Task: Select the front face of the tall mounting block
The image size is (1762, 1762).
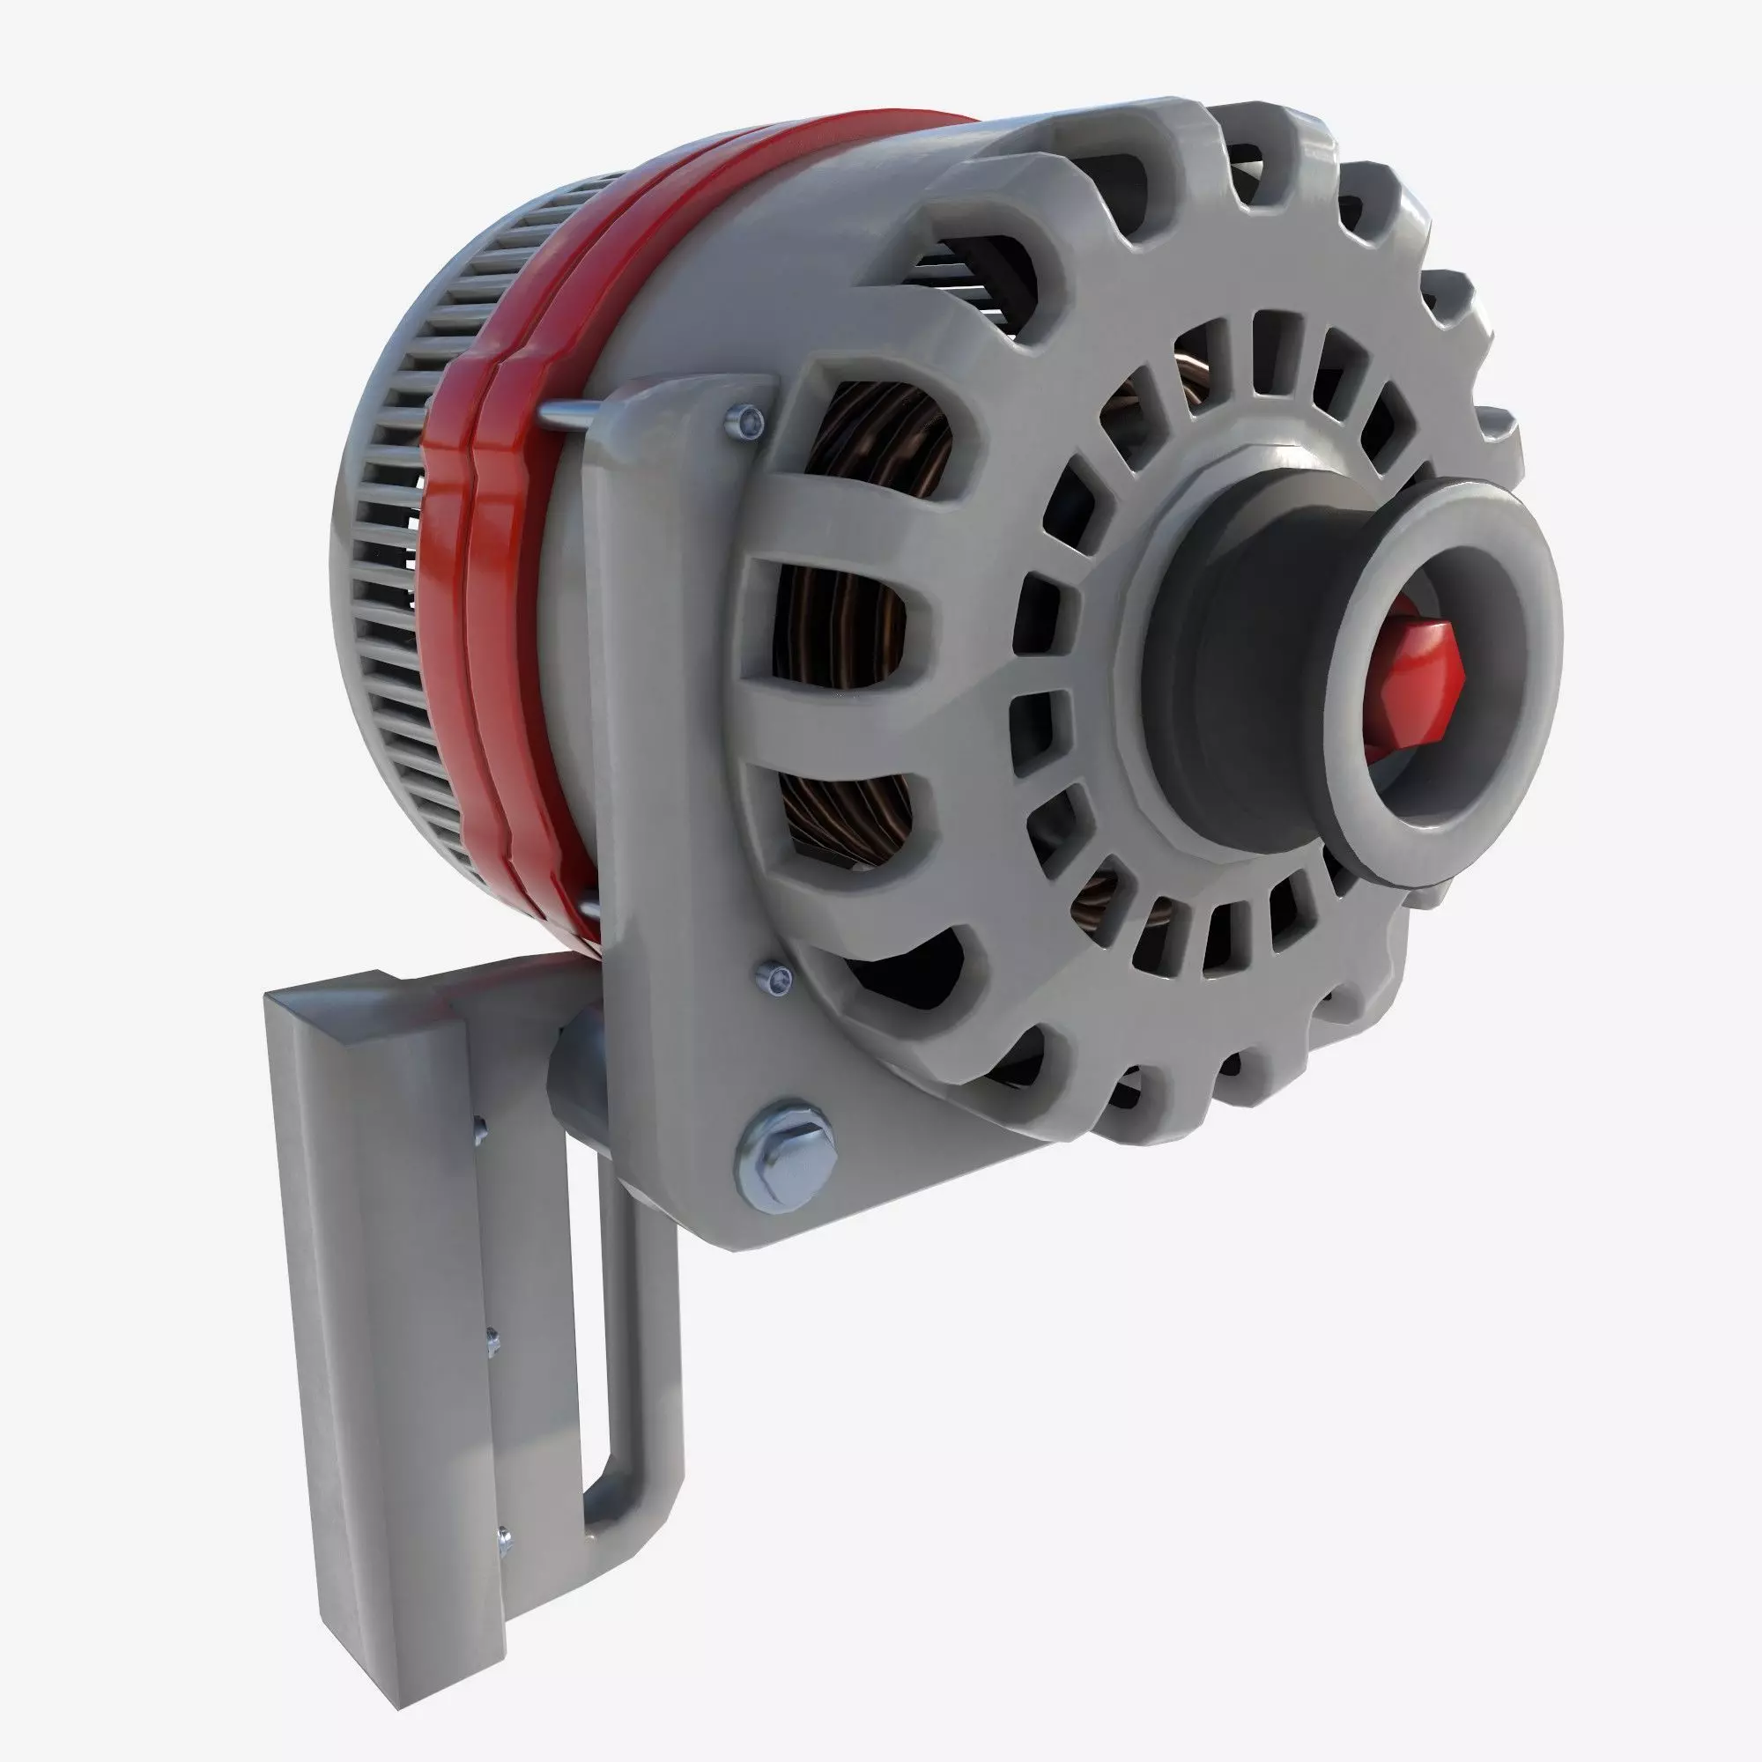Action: [383, 1368]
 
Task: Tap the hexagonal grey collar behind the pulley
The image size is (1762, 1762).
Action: [1176, 584]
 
